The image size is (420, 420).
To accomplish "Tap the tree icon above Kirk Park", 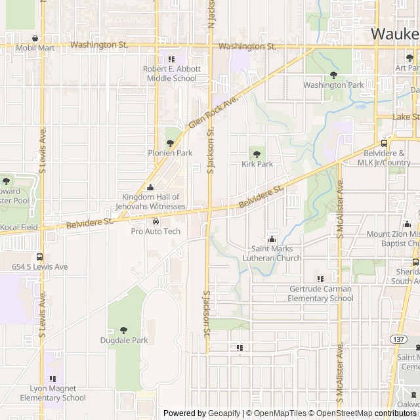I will [x=257, y=154].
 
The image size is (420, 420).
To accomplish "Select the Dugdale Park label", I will [x=124, y=340].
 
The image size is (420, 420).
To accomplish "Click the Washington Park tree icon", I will [x=333, y=75].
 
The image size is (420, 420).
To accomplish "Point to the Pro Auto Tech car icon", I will [x=156, y=221].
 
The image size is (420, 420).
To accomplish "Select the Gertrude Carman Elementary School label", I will [x=321, y=293].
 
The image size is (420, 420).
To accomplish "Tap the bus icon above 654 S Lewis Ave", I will [x=39, y=257].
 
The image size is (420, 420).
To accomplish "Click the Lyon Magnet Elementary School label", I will [x=52, y=393].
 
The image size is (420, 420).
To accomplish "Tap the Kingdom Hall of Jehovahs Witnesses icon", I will [x=150, y=187].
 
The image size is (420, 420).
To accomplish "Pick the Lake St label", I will [x=406, y=116].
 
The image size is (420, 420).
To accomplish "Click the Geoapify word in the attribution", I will [x=224, y=413].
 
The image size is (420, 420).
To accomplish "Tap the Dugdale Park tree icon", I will [x=124, y=329].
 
